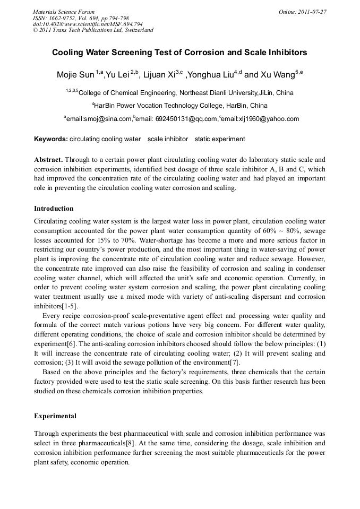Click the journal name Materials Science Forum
(64, 12)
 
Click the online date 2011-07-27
(312, 12)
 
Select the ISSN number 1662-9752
(64, 18)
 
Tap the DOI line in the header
(88, 24)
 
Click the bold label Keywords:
(50, 139)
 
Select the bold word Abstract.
(48, 160)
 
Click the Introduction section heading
(54, 209)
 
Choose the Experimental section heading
(55, 416)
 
